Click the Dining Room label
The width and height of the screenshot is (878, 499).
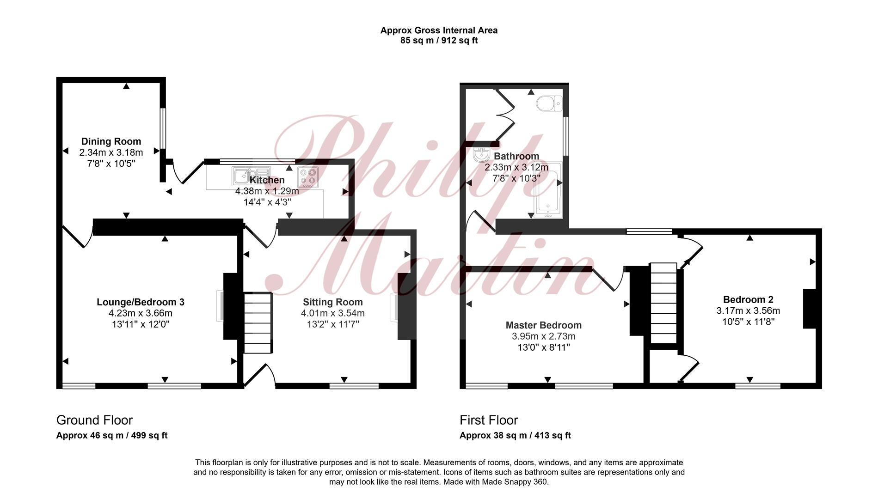111,141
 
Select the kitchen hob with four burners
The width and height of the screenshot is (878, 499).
308,177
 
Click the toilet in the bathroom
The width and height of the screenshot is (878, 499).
549,103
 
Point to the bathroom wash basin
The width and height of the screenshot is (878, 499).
481,154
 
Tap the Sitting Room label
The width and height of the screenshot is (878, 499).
333,302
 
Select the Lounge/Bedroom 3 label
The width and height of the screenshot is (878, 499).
141,302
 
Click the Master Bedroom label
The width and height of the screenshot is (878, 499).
544,325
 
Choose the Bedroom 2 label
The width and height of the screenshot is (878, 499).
749,299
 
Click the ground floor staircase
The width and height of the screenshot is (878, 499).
258,323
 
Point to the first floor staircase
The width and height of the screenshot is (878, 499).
663,303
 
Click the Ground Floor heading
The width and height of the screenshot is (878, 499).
94,420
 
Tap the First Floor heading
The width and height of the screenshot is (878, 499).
489,420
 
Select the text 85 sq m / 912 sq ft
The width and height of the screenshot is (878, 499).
439,41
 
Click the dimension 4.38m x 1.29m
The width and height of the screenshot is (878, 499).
267,191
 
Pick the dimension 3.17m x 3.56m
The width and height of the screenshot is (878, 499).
749,310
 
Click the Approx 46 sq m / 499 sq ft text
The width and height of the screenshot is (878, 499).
112,435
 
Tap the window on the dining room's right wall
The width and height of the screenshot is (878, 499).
163,128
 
